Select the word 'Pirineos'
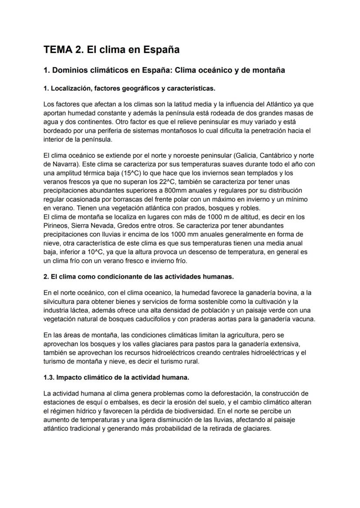pos(57,226)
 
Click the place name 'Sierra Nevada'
pos(93,226)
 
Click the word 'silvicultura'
pos(61,302)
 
